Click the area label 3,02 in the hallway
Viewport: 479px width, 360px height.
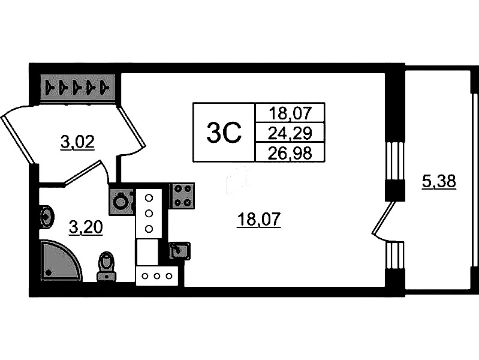tap(77, 143)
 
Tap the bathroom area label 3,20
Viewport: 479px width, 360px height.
tap(86, 227)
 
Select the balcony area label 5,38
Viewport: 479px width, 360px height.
tap(439, 182)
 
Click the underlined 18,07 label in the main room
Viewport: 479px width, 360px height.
tap(258, 220)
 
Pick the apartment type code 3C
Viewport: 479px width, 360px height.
tap(224, 132)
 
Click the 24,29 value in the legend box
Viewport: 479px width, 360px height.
tap(290, 133)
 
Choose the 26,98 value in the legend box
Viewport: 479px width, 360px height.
tap(290, 152)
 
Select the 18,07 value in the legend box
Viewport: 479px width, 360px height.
tap(290, 113)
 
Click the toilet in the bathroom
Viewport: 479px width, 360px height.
tap(106, 266)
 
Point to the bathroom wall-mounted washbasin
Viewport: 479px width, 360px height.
tap(46, 217)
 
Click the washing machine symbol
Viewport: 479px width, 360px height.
tap(122, 202)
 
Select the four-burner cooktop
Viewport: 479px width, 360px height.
tap(182, 196)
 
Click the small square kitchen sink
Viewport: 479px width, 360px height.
tap(179, 251)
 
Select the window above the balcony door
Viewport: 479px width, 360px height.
tap(394, 161)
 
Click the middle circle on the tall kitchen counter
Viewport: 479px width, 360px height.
tap(149, 213)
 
